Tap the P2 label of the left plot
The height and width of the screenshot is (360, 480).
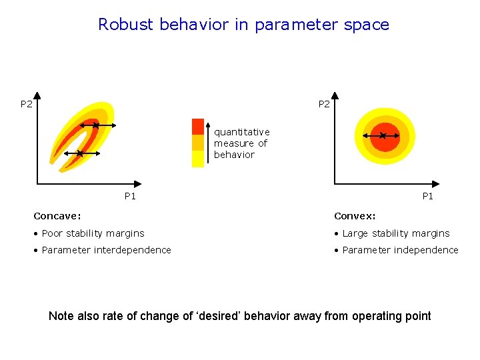[26, 104]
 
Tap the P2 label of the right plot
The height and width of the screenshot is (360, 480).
[324, 104]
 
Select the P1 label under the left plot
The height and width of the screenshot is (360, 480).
[130, 196]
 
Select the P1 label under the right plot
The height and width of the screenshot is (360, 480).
[427, 196]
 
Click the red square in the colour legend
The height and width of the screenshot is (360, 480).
[197, 127]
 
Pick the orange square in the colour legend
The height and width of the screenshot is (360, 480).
[197, 143]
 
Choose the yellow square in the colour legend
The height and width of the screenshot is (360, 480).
[197, 159]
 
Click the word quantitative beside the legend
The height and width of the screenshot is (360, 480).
[241, 132]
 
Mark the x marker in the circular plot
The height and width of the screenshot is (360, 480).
[383, 136]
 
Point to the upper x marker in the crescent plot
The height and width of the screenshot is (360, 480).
[96, 125]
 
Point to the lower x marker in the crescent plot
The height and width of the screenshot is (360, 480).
[79, 153]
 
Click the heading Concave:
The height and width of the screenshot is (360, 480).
[57, 216]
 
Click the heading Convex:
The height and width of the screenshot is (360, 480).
[355, 216]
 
